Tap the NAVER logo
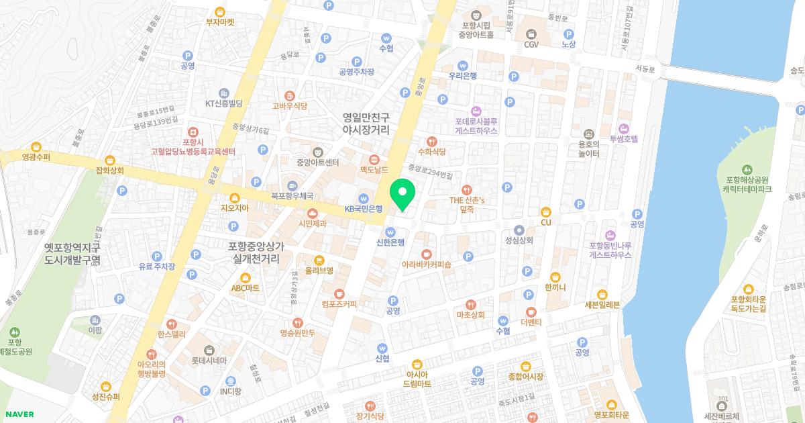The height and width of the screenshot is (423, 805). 17,414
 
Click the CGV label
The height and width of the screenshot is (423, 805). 531,44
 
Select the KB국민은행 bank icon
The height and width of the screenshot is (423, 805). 363,198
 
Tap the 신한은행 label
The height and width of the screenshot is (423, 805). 390,242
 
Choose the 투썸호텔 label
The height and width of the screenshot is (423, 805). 623,139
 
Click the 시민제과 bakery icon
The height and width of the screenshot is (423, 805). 312,213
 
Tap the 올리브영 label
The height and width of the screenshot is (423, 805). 319,271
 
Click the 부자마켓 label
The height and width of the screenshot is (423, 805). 220,21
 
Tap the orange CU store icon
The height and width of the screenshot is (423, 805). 545,211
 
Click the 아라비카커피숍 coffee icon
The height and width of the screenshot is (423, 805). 426,254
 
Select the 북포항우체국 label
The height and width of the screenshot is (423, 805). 292,196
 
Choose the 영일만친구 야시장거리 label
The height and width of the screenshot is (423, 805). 366,123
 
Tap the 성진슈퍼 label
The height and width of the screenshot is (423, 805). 106,396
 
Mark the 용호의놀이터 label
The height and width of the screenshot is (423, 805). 588,148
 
